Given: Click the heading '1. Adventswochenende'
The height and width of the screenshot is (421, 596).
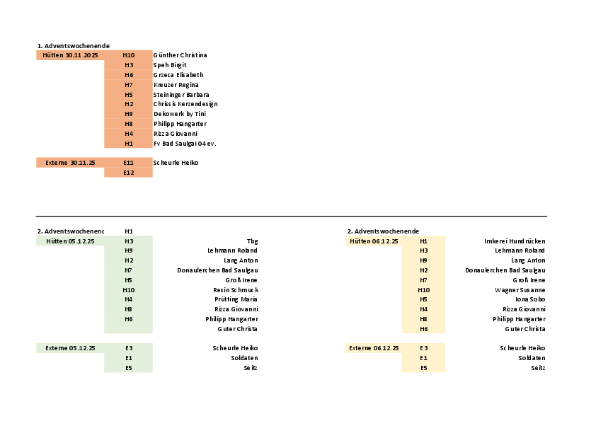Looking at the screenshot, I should (73, 45).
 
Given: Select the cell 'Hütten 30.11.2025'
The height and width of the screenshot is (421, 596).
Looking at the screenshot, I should (70, 55).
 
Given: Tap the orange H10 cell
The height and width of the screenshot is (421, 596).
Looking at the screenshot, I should (128, 55).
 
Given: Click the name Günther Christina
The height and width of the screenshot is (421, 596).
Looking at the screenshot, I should (180, 55).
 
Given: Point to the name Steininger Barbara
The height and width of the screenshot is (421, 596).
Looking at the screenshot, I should (180, 94).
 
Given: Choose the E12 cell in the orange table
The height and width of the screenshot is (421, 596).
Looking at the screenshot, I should (128, 173).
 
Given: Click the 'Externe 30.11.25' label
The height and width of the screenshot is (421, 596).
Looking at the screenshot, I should (70, 163).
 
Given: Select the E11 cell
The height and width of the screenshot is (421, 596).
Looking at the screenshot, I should (128, 163).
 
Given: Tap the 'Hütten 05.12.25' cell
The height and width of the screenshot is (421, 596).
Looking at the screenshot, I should (70, 241).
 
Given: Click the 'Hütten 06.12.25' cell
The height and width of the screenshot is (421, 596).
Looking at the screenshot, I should (374, 241).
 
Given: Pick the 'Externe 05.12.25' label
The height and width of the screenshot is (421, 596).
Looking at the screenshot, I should (70, 348).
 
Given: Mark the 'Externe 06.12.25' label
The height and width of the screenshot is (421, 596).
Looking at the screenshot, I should (374, 348).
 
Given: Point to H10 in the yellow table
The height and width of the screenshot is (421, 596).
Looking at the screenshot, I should (423, 290).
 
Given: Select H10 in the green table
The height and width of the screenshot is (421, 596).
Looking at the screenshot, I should (128, 290).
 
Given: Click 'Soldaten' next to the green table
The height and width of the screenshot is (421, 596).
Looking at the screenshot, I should (245, 358).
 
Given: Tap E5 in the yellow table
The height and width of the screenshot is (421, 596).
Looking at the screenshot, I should (423, 368).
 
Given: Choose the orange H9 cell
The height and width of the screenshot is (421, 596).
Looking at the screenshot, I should (128, 114).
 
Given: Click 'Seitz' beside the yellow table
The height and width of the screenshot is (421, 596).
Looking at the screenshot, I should (538, 368).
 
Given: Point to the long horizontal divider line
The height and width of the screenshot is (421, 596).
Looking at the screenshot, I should (291, 216).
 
